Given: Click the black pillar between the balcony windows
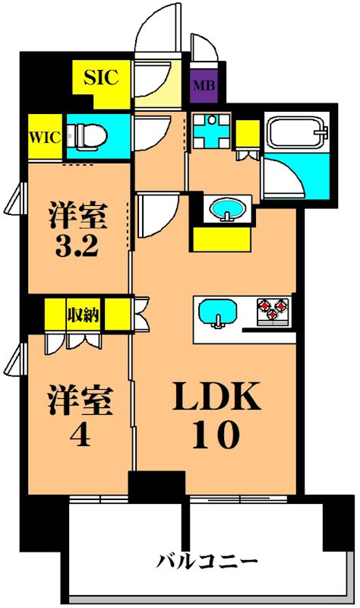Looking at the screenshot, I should [156, 484].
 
